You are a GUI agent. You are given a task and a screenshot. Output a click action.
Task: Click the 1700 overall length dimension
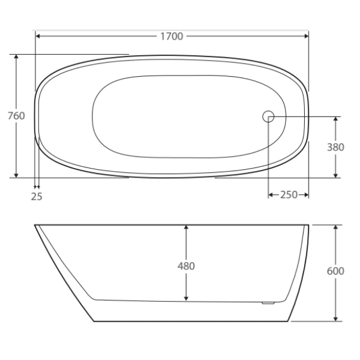tap(172, 37)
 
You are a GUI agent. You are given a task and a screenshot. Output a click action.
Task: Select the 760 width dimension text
tap(16, 116)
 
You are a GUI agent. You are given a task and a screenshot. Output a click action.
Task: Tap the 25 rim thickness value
tap(37, 196)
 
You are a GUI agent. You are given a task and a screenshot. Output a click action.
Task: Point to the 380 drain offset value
tap(335, 147)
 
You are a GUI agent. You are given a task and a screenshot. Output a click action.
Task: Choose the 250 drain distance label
tap(288, 195)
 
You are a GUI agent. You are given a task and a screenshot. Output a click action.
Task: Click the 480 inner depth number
tap(187, 266)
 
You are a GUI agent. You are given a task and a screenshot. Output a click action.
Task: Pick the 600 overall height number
tap(335, 271)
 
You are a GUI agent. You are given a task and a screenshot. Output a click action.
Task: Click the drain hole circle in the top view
tap(268, 116)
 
